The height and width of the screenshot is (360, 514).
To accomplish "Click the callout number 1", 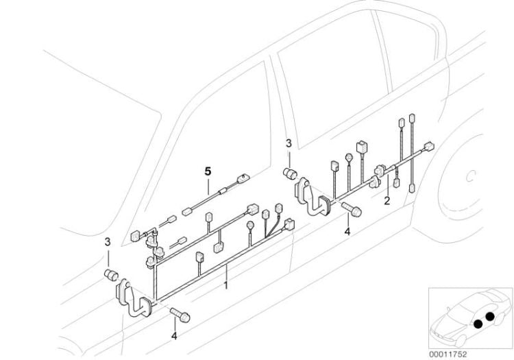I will [x=227, y=283].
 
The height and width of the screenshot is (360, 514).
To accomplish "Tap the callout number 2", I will [x=387, y=201].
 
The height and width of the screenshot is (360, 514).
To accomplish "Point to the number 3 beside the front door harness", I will [x=107, y=242].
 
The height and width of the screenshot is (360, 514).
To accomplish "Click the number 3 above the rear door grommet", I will [x=289, y=143].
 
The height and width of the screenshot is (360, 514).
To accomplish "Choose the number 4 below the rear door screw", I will [x=347, y=232].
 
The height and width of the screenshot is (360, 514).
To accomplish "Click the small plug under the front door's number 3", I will [x=109, y=276].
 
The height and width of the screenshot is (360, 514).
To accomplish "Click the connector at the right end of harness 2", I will [x=430, y=146].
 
